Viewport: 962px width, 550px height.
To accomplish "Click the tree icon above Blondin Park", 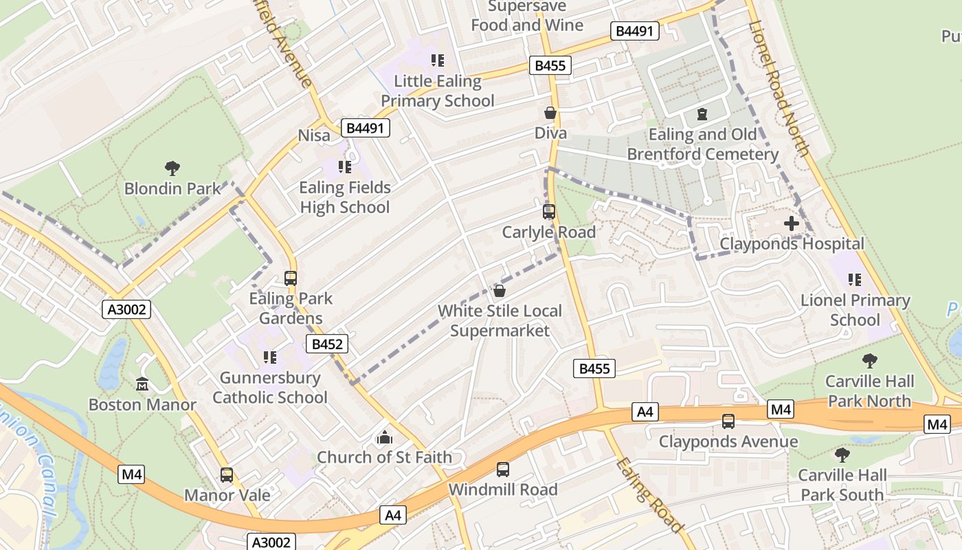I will pyautogui.click(x=172, y=168).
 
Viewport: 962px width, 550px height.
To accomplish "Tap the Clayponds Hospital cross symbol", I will pyautogui.click(x=792, y=223).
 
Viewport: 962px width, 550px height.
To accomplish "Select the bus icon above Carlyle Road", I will pyautogui.click(x=548, y=212).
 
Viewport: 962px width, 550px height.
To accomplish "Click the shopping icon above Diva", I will pyautogui.click(x=550, y=113).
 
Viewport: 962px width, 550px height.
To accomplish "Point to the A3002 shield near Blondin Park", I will pyautogui.click(x=127, y=309).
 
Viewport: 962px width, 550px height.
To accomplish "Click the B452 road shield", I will pyautogui.click(x=327, y=344).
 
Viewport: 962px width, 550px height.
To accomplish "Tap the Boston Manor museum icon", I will pyautogui.click(x=142, y=384).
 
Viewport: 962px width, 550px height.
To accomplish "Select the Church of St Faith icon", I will pyautogui.click(x=384, y=437).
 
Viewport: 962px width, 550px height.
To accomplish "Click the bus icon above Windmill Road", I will pyautogui.click(x=503, y=470).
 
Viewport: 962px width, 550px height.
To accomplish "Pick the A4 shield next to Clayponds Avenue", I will pyautogui.click(x=645, y=412).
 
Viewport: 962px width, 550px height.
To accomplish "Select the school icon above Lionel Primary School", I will pyautogui.click(x=855, y=280).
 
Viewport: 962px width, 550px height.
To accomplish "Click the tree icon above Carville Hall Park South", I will pyautogui.click(x=842, y=454).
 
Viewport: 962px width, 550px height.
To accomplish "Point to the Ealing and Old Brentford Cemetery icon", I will pyautogui.click(x=702, y=114).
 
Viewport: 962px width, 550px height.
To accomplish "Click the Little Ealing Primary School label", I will pyautogui.click(x=438, y=91).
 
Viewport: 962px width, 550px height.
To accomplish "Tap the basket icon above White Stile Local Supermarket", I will pyautogui.click(x=500, y=291).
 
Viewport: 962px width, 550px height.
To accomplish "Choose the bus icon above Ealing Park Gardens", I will pyautogui.click(x=291, y=278).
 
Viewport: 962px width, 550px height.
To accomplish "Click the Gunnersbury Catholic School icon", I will pyautogui.click(x=269, y=357).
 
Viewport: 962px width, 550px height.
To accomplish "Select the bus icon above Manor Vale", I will pyautogui.click(x=227, y=475).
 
